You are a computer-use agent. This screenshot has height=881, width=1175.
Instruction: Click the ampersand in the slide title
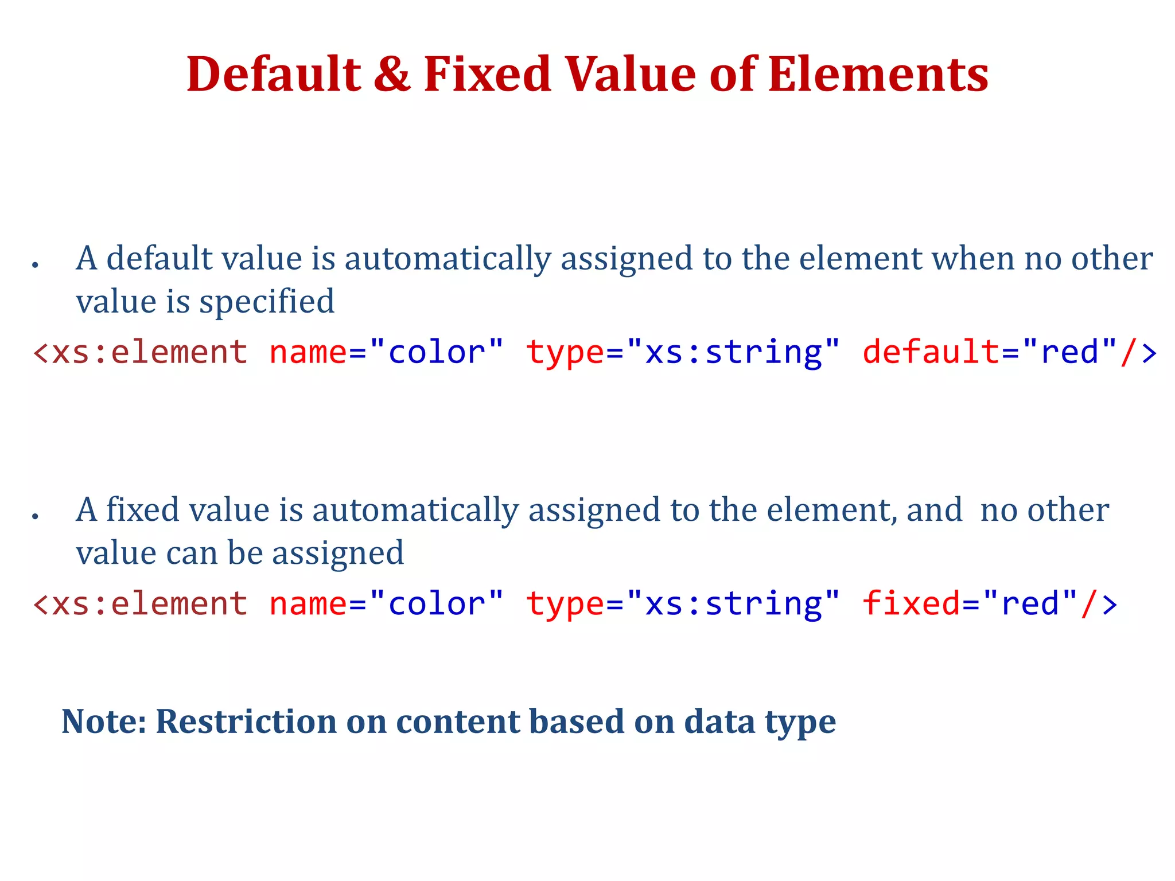click(392, 75)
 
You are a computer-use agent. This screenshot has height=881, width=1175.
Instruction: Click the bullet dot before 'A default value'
click(36, 265)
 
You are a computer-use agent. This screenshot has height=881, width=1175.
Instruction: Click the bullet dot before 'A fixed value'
click(36, 516)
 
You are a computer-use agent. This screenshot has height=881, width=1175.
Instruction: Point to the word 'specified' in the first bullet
click(267, 302)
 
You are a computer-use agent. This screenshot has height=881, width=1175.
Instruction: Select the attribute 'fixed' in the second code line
click(911, 603)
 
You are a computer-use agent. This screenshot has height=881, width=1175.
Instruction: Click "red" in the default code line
click(1069, 352)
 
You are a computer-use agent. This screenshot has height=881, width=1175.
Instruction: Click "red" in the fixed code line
click(1030, 603)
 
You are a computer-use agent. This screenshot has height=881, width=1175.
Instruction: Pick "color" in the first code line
click(437, 352)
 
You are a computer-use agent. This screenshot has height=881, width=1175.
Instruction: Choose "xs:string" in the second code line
click(733, 603)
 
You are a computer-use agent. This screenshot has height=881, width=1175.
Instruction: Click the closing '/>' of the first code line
click(1138, 352)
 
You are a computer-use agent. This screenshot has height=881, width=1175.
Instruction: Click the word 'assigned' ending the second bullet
click(338, 553)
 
